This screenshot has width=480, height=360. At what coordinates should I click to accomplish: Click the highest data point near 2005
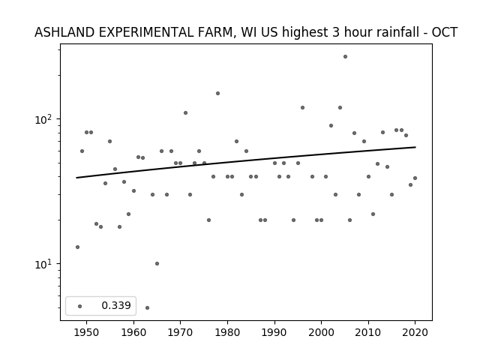(345, 57)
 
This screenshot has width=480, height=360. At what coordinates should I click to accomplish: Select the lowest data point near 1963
(147, 307)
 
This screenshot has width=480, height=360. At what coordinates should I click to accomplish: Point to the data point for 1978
(217, 93)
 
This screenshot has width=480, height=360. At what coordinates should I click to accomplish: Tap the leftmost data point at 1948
(77, 247)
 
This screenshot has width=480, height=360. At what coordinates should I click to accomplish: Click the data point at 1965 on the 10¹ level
(157, 263)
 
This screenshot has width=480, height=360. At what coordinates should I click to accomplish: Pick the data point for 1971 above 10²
(185, 113)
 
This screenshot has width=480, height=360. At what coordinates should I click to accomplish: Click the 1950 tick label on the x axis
(87, 332)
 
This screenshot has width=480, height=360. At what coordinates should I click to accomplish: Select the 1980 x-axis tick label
(227, 332)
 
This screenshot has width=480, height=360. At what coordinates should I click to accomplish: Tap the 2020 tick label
(415, 332)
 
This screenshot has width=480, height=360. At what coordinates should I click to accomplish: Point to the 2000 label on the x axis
(321, 332)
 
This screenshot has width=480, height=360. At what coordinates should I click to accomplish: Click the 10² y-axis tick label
(45, 118)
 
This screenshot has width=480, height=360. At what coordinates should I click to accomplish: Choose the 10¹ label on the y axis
(45, 263)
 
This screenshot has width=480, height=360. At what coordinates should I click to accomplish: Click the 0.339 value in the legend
(116, 305)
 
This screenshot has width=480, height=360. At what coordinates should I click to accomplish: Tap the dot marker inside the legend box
(80, 306)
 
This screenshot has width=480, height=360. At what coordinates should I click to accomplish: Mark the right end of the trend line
(415, 147)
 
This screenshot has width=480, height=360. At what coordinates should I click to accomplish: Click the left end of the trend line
(76, 178)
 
